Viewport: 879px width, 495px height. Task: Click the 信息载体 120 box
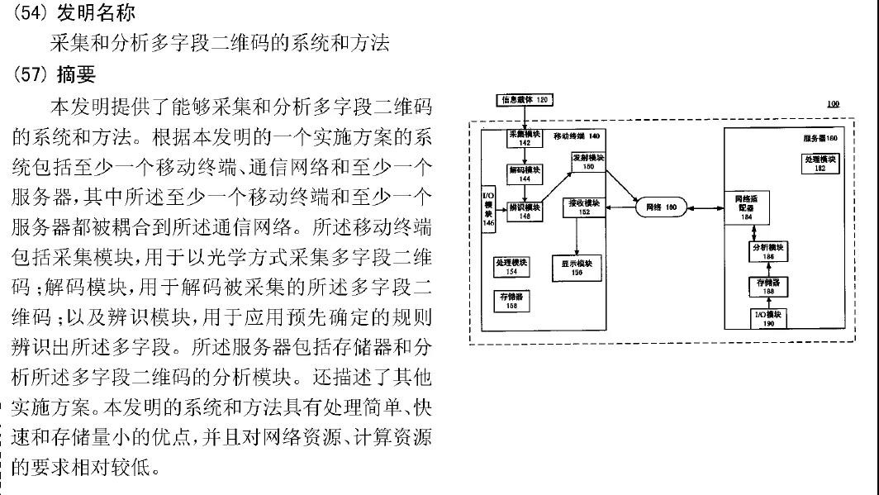pyautogui.click(x=524, y=100)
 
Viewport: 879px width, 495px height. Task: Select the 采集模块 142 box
pyautogui.click(x=524, y=138)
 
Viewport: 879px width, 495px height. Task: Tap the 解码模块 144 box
pyautogui.click(x=524, y=173)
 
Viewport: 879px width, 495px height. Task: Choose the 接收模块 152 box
pyautogui.click(x=584, y=207)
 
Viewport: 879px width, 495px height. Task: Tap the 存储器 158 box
pyautogui.click(x=507, y=301)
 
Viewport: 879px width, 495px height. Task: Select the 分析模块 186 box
pyautogui.click(x=768, y=251)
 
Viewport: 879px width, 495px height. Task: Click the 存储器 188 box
pyautogui.click(x=768, y=286)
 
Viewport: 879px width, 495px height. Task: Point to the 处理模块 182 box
pyautogui.click(x=820, y=163)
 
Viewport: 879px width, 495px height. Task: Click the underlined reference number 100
pyautogui.click(x=833, y=104)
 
